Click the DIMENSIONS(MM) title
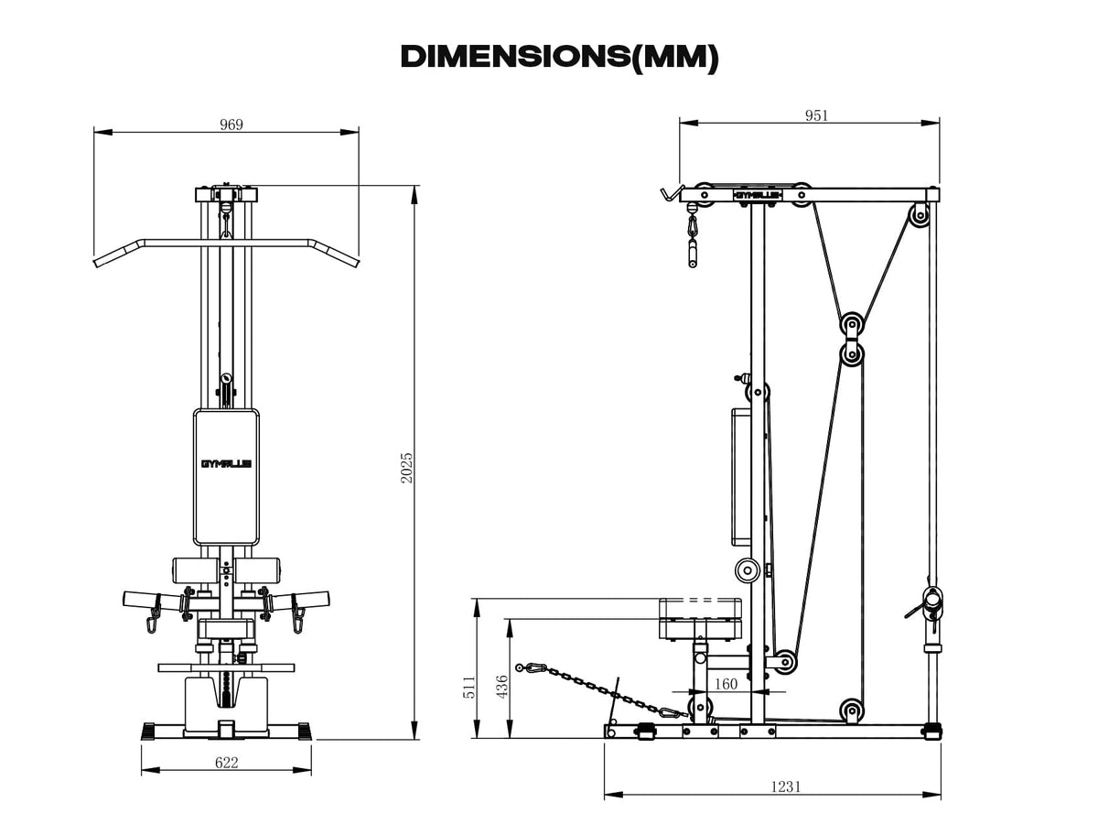click(x=559, y=56)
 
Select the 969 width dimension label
click(x=231, y=125)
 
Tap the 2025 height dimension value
click(x=407, y=467)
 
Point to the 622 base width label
click(x=227, y=762)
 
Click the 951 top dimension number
click(x=816, y=115)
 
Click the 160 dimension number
click(x=726, y=684)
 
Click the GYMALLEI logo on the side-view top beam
click(x=759, y=194)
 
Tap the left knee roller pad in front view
click(x=194, y=570)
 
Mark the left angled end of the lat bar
click(x=106, y=255)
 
